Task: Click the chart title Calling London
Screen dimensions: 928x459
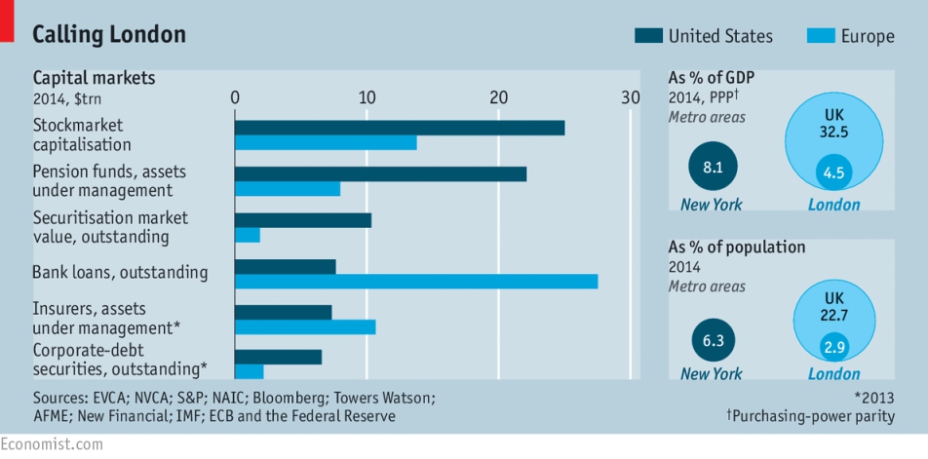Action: click(109, 35)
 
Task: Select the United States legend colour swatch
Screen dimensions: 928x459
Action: click(648, 36)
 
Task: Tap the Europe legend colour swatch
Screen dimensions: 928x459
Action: click(821, 36)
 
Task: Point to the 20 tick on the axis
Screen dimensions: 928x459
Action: click(498, 97)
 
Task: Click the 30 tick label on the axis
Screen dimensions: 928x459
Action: click(631, 97)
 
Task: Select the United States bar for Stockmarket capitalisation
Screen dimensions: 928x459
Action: click(400, 128)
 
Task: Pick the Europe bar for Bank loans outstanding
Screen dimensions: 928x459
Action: click(416, 282)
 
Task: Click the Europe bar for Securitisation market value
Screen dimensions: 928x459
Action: click(248, 236)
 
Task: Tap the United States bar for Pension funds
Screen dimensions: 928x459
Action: click(380, 173)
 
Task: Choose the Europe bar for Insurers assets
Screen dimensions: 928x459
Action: click(305, 327)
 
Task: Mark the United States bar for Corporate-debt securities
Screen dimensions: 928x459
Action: click(278, 358)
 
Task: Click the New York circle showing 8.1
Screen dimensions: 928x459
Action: click(714, 167)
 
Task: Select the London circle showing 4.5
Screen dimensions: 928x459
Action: click(834, 173)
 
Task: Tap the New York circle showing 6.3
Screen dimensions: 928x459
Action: click(714, 340)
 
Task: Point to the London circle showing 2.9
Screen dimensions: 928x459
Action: click(834, 347)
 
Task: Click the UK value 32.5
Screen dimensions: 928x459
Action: click(834, 132)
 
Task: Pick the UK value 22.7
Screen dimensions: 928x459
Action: click(834, 316)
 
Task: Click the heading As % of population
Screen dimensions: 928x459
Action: click(737, 247)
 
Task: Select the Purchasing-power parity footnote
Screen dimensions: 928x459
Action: click(811, 416)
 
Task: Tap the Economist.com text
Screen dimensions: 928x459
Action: click(52, 444)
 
